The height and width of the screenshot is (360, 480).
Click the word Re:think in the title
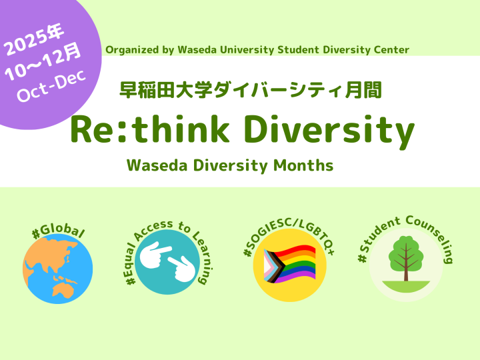(x=150, y=129)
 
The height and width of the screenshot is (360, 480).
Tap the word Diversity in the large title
(x=329, y=131)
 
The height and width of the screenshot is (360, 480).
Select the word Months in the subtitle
(x=303, y=165)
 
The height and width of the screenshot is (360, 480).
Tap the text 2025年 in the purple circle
(x=34, y=40)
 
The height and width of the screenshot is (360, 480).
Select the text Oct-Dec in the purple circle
(x=51, y=86)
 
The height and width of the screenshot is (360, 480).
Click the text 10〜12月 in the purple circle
(x=43, y=62)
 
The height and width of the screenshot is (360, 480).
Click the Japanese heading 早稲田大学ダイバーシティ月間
(x=251, y=90)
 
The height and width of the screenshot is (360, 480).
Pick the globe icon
(x=57, y=269)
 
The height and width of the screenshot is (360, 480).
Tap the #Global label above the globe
(x=58, y=231)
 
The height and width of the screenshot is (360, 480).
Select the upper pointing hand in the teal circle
(x=155, y=255)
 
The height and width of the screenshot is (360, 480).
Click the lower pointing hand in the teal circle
(x=182, y=269)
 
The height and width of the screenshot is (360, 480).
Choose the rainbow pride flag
(x=289, y=264)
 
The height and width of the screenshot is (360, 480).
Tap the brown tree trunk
(x=406, y=267)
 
